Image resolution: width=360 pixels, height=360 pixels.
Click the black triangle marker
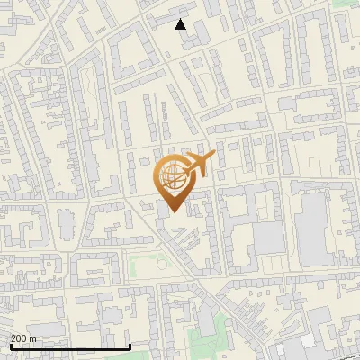coord(181,24)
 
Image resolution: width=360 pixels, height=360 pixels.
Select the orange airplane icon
coord(197,166)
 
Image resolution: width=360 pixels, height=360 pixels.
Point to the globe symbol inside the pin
coord(172,177)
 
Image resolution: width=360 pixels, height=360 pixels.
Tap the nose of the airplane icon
coord(214,157)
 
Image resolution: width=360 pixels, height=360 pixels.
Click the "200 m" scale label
coord(23,338)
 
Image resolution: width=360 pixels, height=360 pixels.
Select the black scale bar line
coord(70,346)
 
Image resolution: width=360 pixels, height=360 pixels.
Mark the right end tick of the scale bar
coord(130,346)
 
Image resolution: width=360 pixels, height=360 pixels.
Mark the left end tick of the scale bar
coord(10,346)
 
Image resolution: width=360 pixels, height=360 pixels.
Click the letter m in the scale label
coord(32,338)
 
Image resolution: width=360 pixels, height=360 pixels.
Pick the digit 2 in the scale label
coord(13,338)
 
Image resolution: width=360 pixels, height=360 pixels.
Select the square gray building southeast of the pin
coord(268,239)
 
